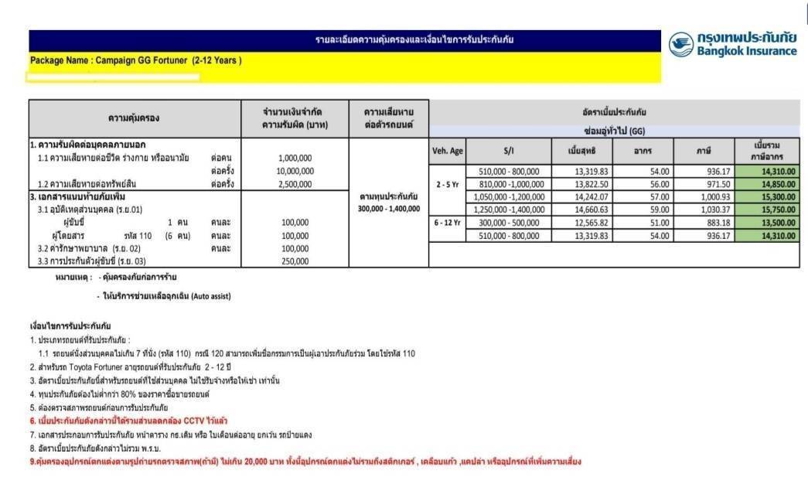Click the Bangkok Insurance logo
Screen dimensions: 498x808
pos(731,44)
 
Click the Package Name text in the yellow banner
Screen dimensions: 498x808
pos(136,60)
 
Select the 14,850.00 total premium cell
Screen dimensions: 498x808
pos(770,184)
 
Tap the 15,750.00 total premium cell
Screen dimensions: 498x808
pos(770,210)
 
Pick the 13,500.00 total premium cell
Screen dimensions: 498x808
pos(770,223)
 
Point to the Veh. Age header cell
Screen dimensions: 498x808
pos(447,151)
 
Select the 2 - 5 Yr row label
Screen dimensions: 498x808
pos(448,185)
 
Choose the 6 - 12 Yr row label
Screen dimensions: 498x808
pos(448,223)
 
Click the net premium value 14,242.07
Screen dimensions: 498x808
pos(579,197)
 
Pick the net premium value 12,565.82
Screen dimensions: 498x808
pos(579,223)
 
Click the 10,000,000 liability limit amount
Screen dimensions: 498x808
pos(295,171)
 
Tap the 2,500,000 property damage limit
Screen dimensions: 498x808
pos(295,184)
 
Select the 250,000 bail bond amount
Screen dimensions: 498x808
pos(295,261)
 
